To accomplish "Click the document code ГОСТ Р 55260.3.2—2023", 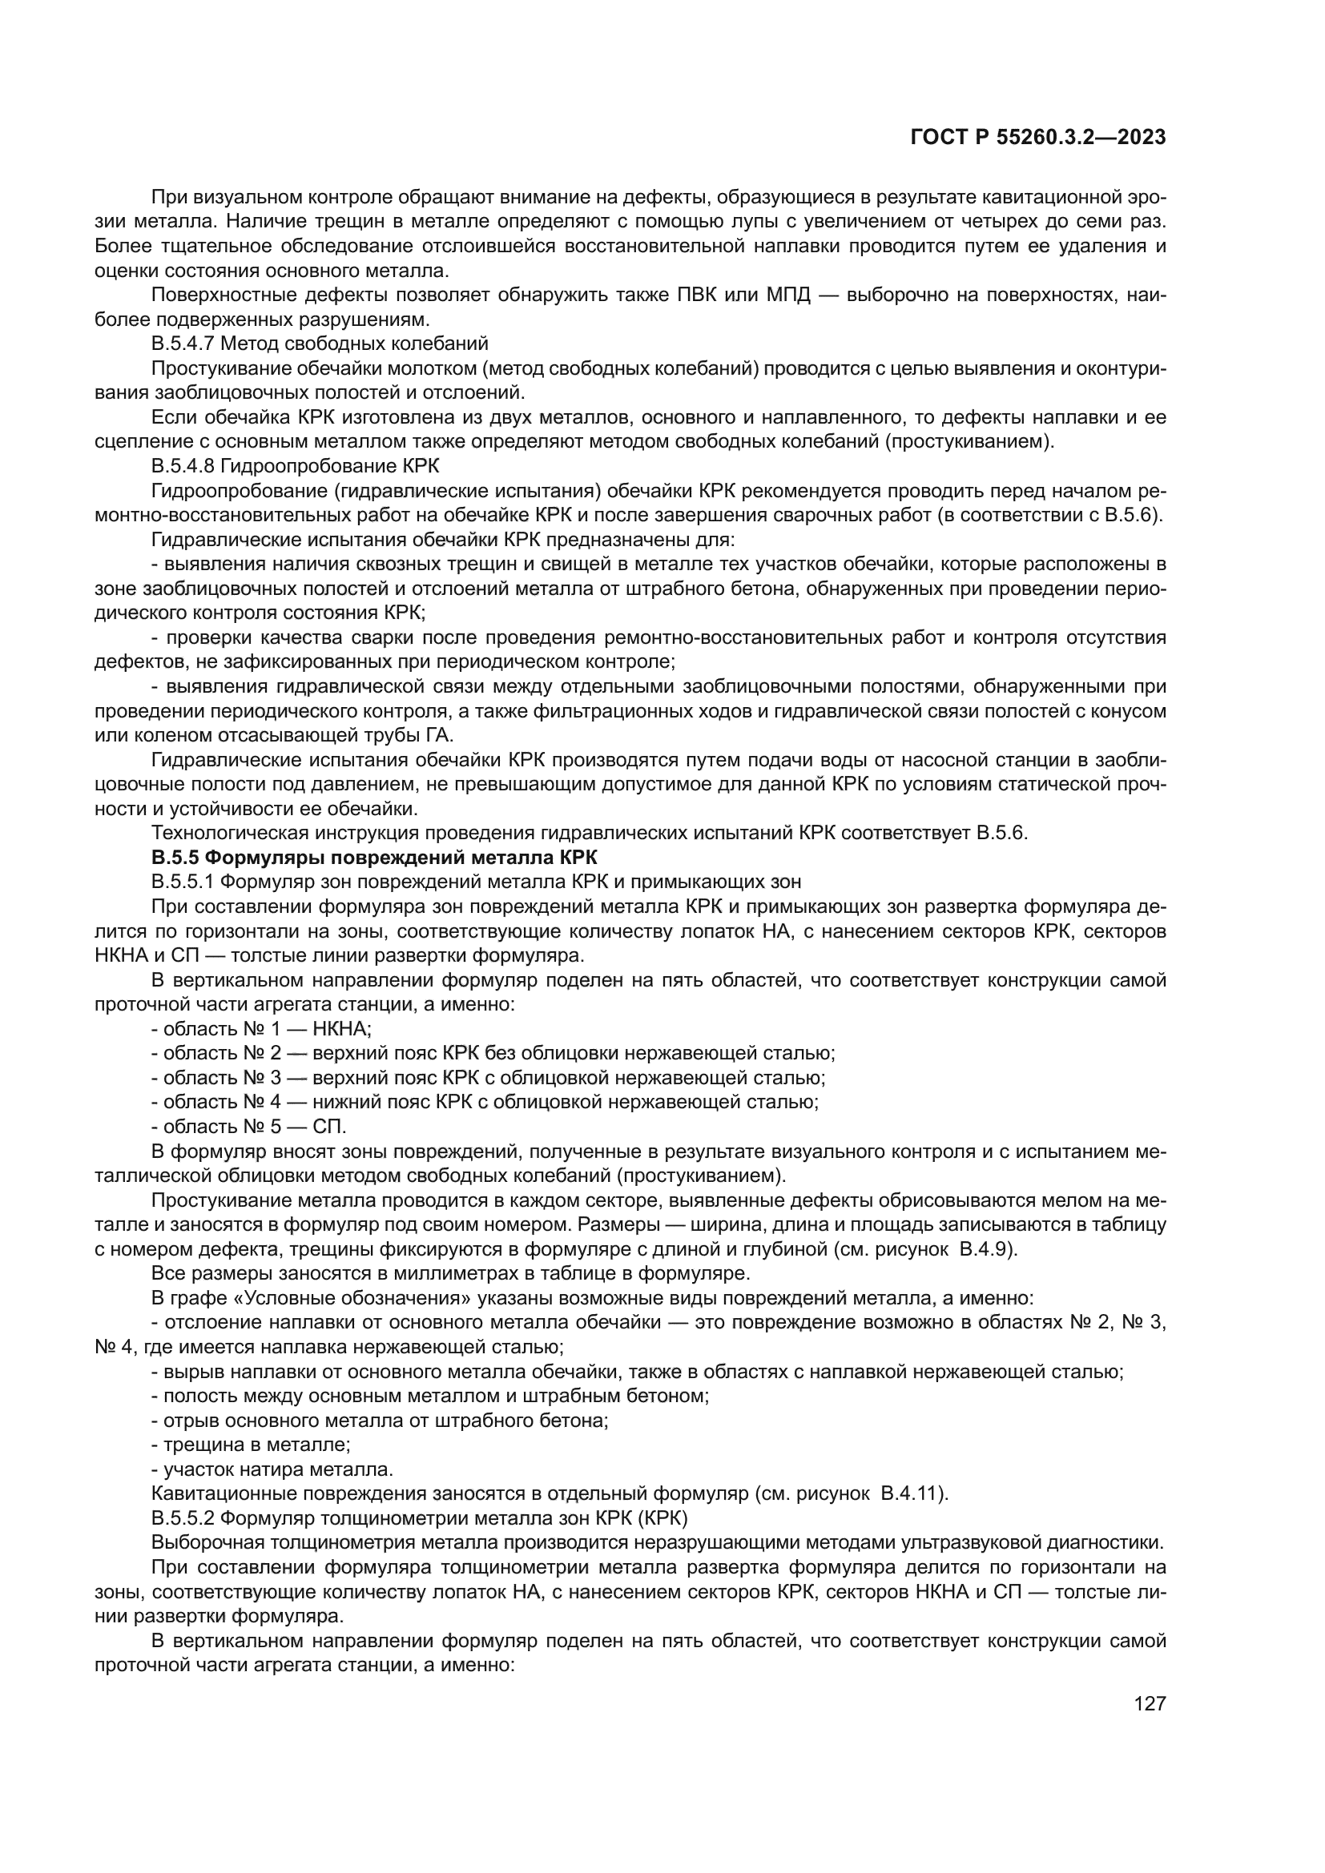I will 1037,138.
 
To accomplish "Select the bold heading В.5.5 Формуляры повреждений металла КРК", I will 374,858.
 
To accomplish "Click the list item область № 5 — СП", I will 249,1127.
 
